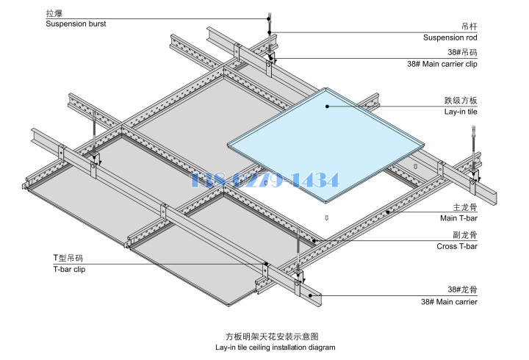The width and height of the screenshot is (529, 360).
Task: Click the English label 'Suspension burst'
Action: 76,24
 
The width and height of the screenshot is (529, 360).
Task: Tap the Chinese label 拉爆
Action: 54,13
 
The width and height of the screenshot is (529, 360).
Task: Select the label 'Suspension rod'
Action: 450,37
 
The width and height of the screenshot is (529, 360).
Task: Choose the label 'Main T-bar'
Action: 458,218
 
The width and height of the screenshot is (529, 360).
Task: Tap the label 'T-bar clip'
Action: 68,269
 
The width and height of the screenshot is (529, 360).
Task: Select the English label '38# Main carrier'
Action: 449,302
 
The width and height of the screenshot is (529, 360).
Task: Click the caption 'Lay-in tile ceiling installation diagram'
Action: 275,347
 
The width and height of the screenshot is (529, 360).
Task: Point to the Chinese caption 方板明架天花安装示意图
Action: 276,336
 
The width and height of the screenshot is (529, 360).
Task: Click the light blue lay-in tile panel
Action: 323,140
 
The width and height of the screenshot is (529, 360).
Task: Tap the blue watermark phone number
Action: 264,179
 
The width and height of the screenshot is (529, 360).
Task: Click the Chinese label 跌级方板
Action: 461,100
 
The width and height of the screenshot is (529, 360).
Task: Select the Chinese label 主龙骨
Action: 465,207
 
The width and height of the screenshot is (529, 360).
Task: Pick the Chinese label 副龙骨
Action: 465,235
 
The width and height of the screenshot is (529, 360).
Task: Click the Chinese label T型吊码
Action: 68,258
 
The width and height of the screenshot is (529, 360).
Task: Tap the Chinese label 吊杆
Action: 468,26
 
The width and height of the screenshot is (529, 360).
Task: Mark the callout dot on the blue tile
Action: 328,106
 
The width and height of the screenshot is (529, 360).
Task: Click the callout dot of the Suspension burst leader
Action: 270,18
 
